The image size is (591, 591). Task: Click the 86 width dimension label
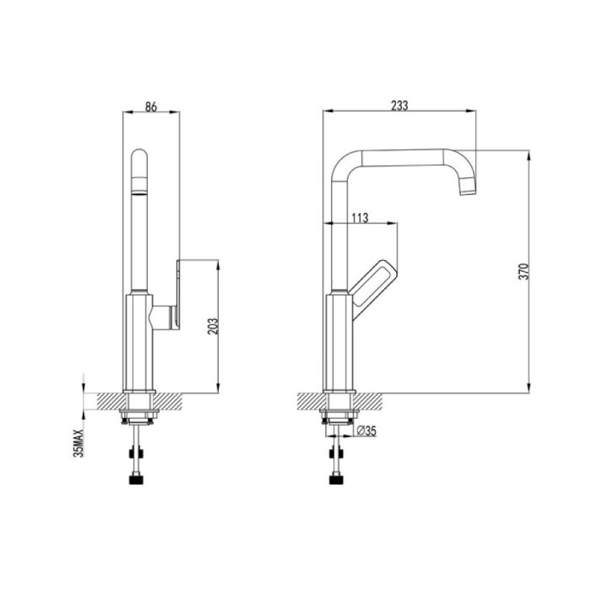[151, 106]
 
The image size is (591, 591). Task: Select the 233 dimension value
[399, 106]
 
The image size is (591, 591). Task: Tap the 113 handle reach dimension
[360, 218]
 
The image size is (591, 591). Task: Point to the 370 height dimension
[525, 271]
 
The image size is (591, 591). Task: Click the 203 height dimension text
[213, 327]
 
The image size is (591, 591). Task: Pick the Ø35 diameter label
[366, 431]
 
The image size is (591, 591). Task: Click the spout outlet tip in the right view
[468, 191]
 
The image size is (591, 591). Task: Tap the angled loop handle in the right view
[373, 288]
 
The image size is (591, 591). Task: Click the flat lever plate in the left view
[177, 294]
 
